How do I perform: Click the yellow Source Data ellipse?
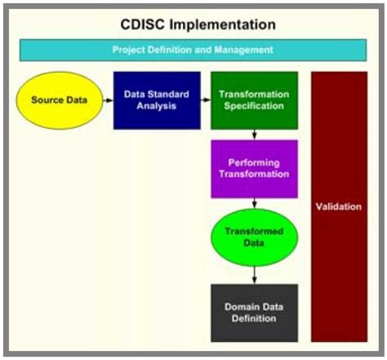[59, 100]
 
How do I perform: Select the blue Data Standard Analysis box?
[157, 100]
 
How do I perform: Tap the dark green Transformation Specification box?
[254, 100]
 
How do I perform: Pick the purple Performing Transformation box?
[254, 168]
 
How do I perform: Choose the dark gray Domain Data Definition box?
[254, 313]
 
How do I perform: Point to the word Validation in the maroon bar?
[338, 207]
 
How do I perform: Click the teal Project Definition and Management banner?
[193, 50]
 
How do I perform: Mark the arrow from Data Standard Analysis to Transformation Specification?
[205, 100]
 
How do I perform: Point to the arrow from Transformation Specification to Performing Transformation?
[255, 134]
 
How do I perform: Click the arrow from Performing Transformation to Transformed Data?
[255, 202]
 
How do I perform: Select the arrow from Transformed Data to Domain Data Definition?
[255, 274]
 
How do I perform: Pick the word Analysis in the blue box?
[157, 106]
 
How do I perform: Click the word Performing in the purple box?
[254, 162]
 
